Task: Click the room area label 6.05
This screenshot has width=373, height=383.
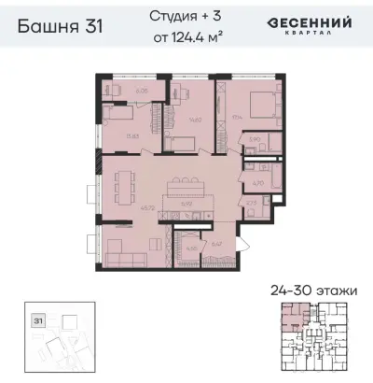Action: point(143,92)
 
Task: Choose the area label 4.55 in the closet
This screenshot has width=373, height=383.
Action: point(191,248)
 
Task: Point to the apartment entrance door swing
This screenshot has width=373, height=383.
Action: point(245,245)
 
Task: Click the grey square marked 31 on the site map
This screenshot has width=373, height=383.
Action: point(39,319)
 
